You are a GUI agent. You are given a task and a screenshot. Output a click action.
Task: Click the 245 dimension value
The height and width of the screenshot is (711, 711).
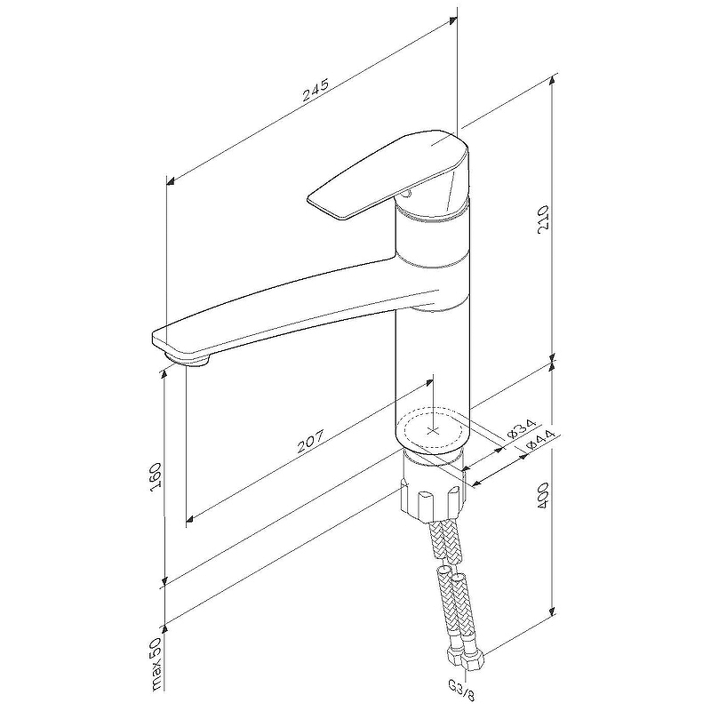point(316,90)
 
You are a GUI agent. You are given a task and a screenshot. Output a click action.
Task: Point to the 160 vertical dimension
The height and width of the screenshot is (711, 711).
point(156,476)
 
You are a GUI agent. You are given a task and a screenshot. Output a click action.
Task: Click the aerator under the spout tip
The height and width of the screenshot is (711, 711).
point(188,358)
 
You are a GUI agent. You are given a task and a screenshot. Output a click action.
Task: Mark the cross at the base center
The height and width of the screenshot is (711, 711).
point(434,430)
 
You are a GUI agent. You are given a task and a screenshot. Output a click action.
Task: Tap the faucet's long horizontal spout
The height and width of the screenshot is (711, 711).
point(295,313)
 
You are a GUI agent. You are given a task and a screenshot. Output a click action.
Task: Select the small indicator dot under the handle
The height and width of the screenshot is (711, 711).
point(406,195)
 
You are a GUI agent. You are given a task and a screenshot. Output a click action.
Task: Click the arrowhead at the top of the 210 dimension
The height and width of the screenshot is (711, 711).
point(552,80)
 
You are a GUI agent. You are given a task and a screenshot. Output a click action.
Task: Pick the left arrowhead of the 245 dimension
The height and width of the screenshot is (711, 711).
point(171,182)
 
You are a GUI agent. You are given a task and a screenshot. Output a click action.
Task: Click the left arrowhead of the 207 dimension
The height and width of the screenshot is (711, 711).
point(191,518)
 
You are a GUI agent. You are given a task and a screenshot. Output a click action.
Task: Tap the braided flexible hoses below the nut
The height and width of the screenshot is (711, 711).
point(451,585)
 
